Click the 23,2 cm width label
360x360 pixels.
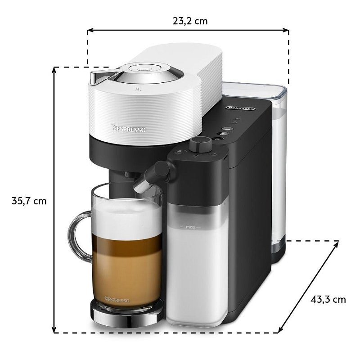click(x=190, y=21)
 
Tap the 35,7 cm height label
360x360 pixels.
click(x=29, y=201)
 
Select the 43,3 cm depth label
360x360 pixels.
click(x=328, y=300)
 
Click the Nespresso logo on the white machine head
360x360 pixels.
click(x=129, y=129)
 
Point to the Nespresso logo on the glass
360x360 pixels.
click(x=117, y=300)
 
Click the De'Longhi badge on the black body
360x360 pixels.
click(x=240, y=108)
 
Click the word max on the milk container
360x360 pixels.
click(x=190, y=227)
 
